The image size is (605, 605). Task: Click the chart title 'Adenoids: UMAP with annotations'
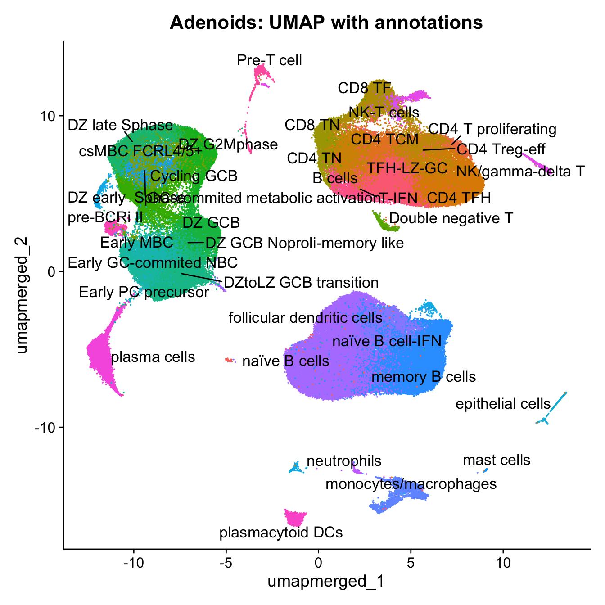[326, 22]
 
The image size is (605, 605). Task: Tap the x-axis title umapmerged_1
[326, 581]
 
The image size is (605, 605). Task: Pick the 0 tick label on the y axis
[49, 272]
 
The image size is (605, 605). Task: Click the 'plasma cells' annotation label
[153, 357]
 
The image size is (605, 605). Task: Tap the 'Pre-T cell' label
[270, 60]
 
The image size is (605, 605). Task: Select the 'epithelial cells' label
[503, 404]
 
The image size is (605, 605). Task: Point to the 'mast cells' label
[497, 460]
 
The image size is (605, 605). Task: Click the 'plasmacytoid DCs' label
[281, 533]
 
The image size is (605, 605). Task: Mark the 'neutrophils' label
[344, 461]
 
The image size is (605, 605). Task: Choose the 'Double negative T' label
[451, 218]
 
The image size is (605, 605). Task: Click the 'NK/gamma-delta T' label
[520, 171]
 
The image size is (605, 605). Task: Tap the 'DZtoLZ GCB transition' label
[301, 283]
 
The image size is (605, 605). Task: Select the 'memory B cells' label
[424, 376]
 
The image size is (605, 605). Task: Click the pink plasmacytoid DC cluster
[295, 518]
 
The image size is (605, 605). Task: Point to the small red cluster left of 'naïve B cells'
[230, 360]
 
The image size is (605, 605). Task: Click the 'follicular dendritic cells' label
[306, 318]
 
